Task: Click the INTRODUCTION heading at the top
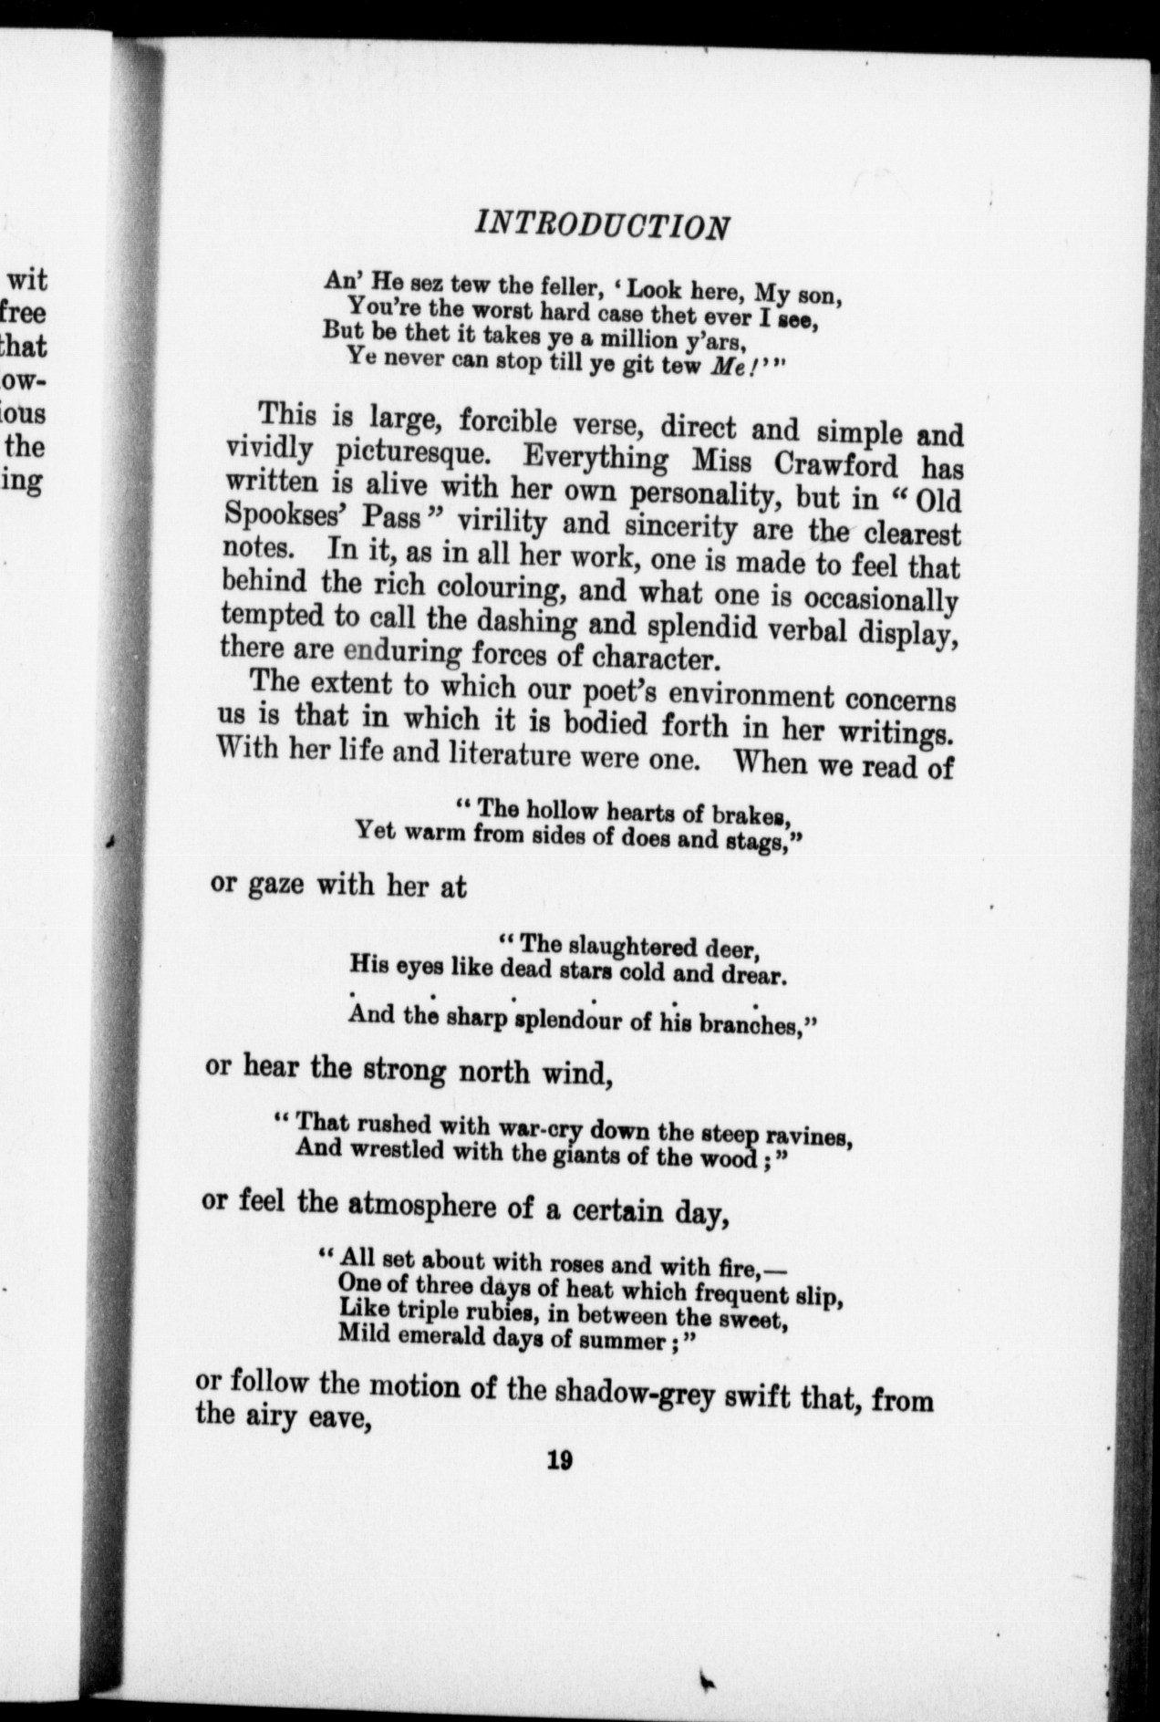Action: (603, 223)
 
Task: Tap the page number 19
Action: (558, 1461)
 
